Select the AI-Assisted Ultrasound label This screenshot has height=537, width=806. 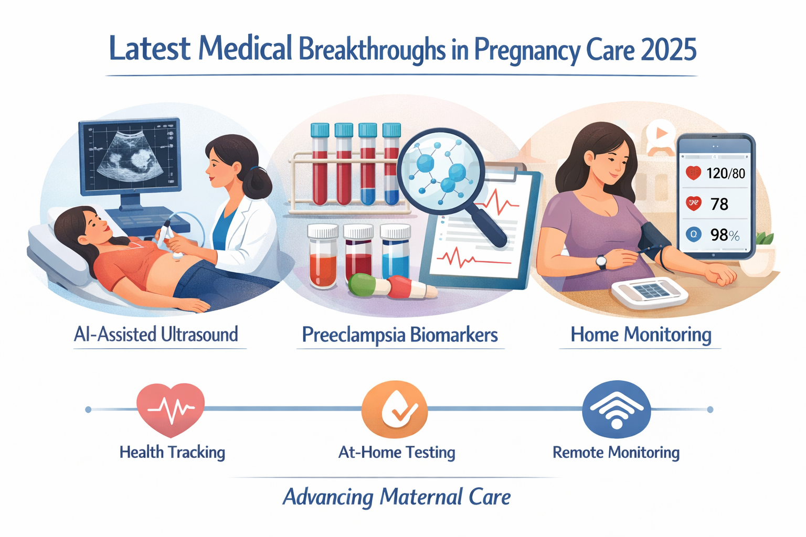pyautogui.click(x=156, y=335)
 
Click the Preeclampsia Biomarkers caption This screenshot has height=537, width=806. pyautogui.click(x=400, y=335)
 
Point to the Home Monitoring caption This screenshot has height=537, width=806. pyautogui.click(x=641, y=335)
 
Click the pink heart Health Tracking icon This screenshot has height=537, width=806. pyautogui.click(x=171, y=409)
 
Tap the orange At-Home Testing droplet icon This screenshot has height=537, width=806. pyautogui.click(x=395, y=410)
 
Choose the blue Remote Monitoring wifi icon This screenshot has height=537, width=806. pyautogui.click(x=617, y=410)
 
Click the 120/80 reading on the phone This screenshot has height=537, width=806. pyautogui.click(x=726, y=174)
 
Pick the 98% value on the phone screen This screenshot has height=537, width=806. pyautogui.click(x=725, y=235)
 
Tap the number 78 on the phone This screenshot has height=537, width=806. pyautogui.click(x=719, y=204)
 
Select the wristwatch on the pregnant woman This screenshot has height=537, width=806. pyautogui.click(x=601, y=261)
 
